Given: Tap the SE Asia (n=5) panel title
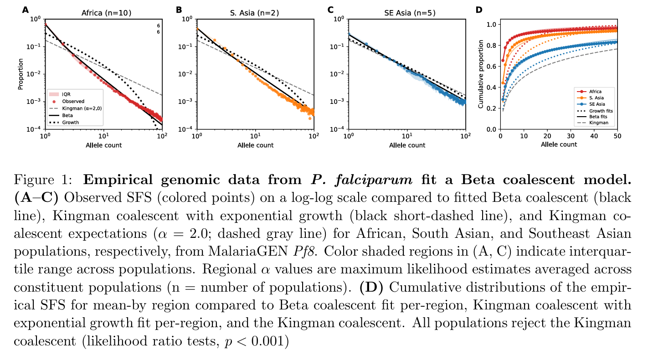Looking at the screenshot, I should [x=407, y=13].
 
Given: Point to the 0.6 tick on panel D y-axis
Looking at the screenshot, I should [x=490, y=66].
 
